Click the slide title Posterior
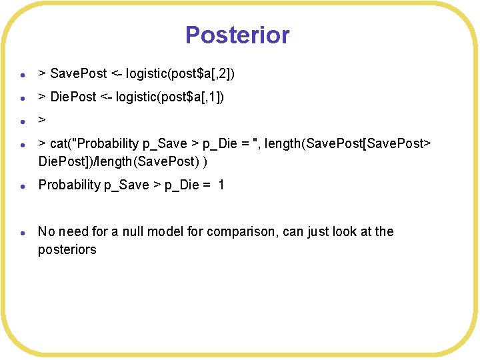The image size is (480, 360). [x=237, y=35]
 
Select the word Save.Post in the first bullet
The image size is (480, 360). [x=74, y=72]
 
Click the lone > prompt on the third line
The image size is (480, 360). [x=42, y=121]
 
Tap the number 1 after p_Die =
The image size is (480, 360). [x=221, y=185]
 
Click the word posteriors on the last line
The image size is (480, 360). [x=67, y=249]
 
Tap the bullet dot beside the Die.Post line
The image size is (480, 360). [x=23, y=99]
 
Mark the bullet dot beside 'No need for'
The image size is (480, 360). [x=23, y=233]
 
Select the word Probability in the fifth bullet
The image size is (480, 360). [x=69, y=185]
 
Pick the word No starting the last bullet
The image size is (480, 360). [x=47, y=231]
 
